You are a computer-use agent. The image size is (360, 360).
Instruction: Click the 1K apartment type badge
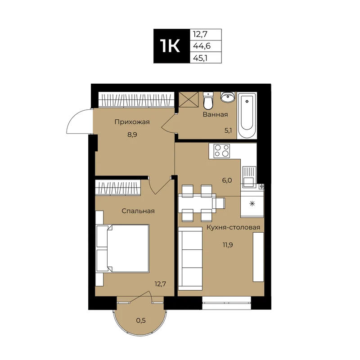point(172,46)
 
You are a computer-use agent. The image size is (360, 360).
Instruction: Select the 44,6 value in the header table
point(202,46)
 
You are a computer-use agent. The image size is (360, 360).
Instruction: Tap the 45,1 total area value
point(200,58)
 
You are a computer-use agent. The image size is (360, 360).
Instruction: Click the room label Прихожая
point(132,122)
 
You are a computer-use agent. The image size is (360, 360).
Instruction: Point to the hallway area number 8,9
point(132,135)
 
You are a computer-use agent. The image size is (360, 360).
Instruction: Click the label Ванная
point(216,114)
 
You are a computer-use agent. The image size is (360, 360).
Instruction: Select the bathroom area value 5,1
point(228,130)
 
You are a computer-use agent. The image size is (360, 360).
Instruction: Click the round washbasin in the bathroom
point(228,97)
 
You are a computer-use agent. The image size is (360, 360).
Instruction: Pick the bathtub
point(247,116)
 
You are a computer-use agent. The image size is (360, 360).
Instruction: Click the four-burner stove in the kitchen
point(221,151)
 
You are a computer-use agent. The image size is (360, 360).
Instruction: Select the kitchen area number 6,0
point(227,180)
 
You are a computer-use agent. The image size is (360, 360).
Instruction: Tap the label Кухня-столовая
point(233,227)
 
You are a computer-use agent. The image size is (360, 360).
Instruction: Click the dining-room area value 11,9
point(228,245)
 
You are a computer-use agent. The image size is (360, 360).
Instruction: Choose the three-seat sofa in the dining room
point(190,259)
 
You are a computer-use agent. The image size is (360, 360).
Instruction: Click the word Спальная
point(138,211)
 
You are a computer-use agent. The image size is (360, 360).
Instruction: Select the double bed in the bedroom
point(122,249)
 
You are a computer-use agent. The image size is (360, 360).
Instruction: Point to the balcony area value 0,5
point(141,320)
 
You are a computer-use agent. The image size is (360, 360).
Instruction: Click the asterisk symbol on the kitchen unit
point(252,203)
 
